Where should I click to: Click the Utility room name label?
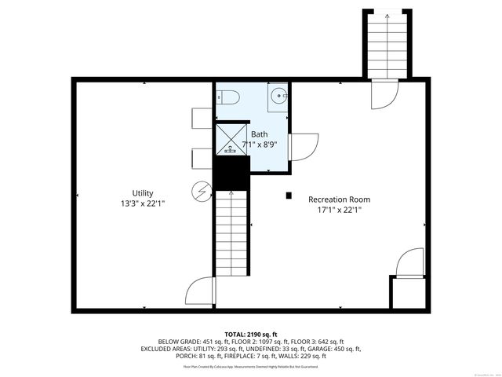tap(142, 193)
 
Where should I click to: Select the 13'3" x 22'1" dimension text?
tap(142, 203)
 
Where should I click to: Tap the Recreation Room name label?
tap(339, 199)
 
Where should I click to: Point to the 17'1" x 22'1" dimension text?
tap(339, 210)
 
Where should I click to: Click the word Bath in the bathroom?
tap(259, 134)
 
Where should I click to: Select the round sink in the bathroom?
tap(278, 97)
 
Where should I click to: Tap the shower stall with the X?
tap(231, 138)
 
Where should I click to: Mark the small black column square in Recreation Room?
tap(289, 196)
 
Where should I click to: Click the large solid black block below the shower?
tap(231, 173)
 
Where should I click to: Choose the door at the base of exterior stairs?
tap(384, 94)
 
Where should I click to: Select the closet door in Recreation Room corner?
tap(409, 264)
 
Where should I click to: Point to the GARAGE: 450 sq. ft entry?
tap(336, 349)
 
